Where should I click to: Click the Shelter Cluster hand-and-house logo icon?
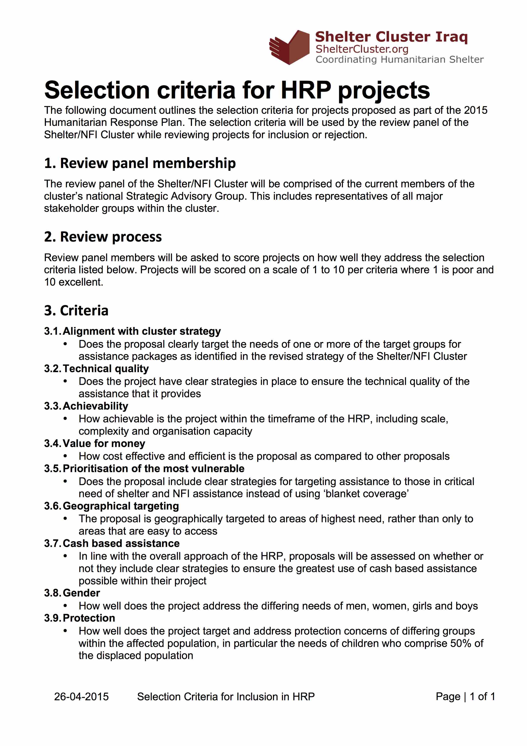coord(289,47)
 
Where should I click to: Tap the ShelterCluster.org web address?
coord(362,49)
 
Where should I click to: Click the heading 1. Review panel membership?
coord(140,163)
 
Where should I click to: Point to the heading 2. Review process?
coord(103,237)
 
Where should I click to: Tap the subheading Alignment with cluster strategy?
coord(142,331)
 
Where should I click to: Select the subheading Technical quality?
coord(105,369)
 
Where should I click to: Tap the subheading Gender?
coord(81,593)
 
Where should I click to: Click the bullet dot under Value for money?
coord(65,456)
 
